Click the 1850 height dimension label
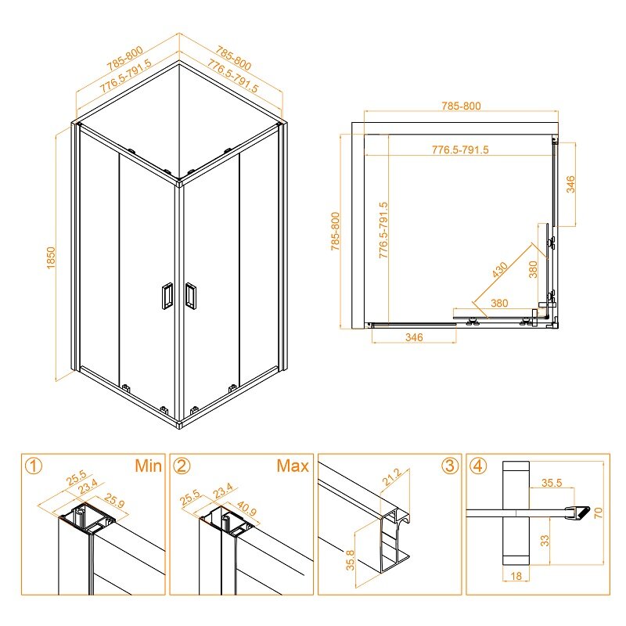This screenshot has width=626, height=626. (51, 258)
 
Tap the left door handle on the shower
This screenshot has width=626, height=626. (167, 296)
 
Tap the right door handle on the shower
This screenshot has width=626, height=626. (190, 295)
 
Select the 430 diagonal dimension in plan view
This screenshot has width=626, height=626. (500, 269)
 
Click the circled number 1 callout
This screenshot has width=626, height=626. (34, 466)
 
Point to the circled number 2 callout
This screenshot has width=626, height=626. (182, 466)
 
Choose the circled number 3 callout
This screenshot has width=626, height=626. (450, 466)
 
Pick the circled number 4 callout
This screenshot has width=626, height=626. (478, 466)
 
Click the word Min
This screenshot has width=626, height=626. (148, 466)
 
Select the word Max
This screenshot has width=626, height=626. (293, 466)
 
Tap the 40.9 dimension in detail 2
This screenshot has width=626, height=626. (246, 508)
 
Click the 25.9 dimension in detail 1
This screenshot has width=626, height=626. (114, 501)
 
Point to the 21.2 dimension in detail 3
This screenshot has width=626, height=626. (392, 477)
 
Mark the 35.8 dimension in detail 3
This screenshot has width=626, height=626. (350, 560)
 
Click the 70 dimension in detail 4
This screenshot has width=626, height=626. (598, 513)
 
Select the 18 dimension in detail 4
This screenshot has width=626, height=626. (516, 576)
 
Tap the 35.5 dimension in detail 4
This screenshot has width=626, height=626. (552, 483)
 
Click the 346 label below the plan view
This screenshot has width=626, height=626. (414, 337)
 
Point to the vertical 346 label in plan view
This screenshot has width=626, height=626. (571, 184)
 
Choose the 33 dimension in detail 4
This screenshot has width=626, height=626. (545, 541)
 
